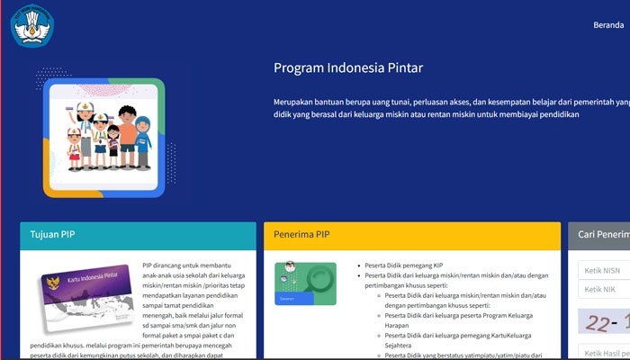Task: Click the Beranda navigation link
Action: pyautogui.click(x=608, y=25)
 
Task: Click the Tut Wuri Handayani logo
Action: pyautogui.click(x=33, y=24)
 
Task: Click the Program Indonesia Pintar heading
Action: pyautogui.click(x=347, y=68)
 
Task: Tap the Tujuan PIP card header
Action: pyautogui.click(x=138, y=235)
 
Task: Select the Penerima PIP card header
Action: pyautogui.click(x=410, y=235)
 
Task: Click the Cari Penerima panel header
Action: pyautogui.click(x=600, y=235)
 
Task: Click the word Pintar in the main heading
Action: pyautogui.click(x=404, y=68)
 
